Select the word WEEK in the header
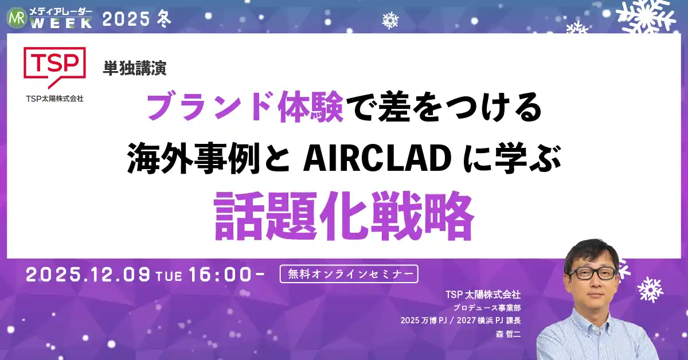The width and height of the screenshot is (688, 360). tap(62, 22)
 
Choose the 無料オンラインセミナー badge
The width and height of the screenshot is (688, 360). tap(349, 274)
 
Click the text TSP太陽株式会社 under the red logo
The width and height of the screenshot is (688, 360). tap(54, 99)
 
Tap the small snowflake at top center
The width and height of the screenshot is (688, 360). tap(390, 21)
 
